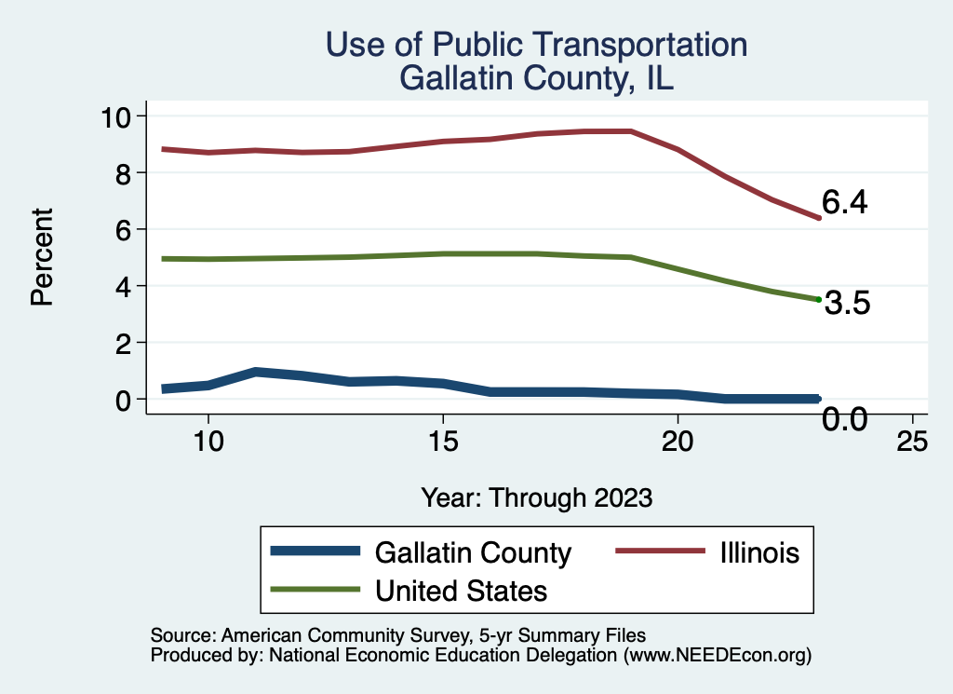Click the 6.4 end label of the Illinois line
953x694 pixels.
coord(844,203)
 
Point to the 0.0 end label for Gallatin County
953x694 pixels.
coord(845,420)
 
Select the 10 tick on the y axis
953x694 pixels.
coord(118,116)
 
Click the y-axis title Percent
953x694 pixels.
coord(41,257)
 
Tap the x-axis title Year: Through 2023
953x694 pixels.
coord(537,497)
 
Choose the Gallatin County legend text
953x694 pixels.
coord(473,552)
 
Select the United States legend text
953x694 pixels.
coord(461,590)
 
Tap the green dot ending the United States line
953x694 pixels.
coord(818,299)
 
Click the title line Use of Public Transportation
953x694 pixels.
coord(536,45)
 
